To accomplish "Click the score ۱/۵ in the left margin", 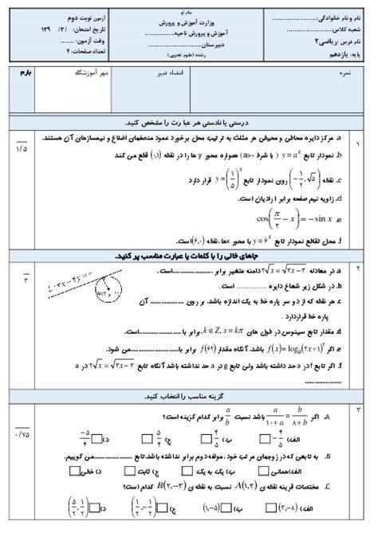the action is click(22, 147).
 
